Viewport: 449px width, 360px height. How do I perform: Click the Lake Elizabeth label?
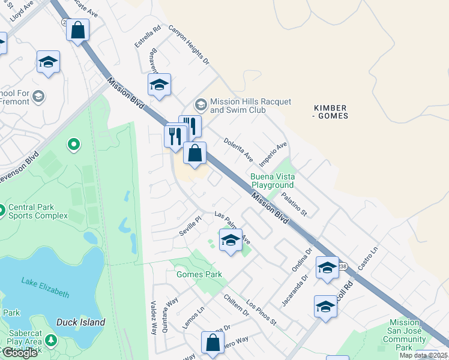point(45,287)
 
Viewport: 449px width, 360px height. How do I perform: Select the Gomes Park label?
point(199,274)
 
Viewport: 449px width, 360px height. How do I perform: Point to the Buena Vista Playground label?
point(272,181)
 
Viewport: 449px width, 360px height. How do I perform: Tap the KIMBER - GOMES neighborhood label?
point(330,112)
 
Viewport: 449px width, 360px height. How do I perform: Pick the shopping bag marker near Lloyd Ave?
point(77,30)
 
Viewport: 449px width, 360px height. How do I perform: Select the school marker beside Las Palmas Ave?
point(231,241)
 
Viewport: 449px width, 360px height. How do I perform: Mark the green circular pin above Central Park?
point(74,144)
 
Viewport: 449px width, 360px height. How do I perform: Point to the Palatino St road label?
point(295,204)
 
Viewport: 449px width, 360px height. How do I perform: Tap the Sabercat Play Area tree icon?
point(50,340)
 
